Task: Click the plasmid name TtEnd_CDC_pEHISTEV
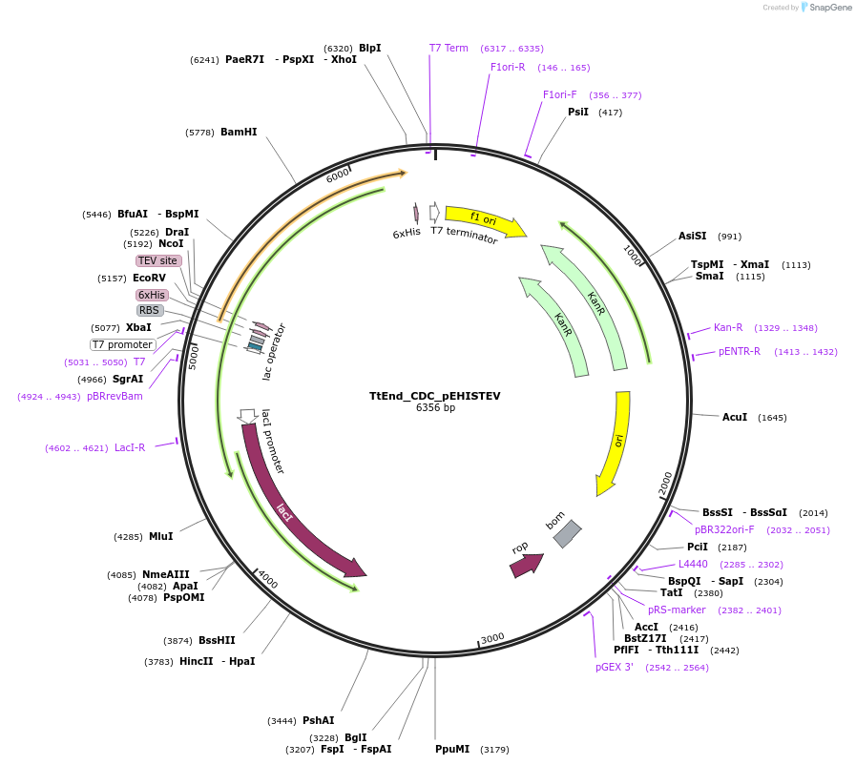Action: (x=434, y=396)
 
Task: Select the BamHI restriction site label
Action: (x=239, y=133)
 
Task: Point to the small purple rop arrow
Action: (x=526, y=564)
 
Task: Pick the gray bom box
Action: (x=567, y=534)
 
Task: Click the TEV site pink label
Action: (x=157, y=260)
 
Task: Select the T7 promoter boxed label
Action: (x=123, y=344)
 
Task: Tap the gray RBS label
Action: (x=150, y=310)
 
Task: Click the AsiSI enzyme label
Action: (x=693, y=237)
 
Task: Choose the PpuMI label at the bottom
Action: (x=452, y=750)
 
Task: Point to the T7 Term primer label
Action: (x=449, y=48)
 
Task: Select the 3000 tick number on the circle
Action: (x=492, y=638)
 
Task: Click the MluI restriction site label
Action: (x=160, y=537)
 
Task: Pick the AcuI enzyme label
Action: (x=735, y=418)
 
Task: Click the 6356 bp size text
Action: (x=435, y=408)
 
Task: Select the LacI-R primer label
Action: (x=130, y=447)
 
